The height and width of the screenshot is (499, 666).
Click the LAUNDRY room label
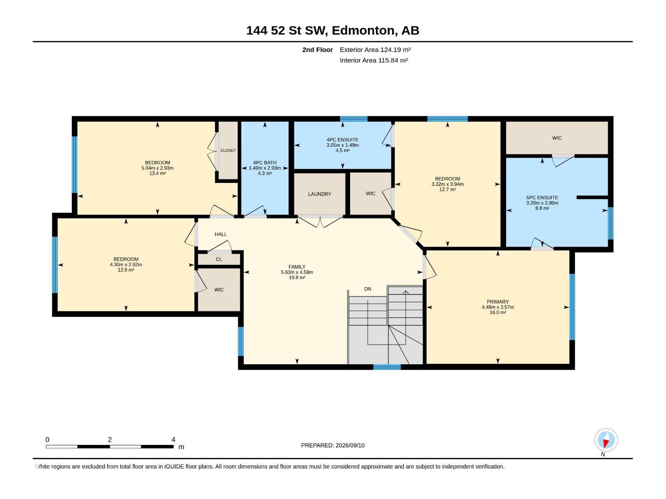point(320,194)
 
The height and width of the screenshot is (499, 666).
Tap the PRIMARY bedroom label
point(497,302)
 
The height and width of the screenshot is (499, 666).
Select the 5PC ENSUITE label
point(542,198)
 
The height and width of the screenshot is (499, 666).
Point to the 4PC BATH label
point(265,163)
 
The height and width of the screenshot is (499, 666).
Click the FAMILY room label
point(297,267)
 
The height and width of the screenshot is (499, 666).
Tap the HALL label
point(221,234)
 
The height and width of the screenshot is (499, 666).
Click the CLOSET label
point(228,151)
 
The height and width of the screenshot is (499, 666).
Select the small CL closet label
point(219,259)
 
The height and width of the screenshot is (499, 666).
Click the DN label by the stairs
point(368,289)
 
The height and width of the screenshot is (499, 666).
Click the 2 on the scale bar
point(109,440)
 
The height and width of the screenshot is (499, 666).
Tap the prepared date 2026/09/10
point(350,445)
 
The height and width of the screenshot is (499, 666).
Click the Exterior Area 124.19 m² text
point(375,49)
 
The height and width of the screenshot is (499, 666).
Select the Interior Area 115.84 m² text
point(373,60)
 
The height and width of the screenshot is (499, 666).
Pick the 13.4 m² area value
point(157,173)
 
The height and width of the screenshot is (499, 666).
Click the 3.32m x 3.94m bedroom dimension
point(447,184)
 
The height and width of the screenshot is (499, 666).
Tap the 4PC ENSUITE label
point(342,140)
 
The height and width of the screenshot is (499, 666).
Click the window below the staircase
point(387,367)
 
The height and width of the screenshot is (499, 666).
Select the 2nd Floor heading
point(317,49)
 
